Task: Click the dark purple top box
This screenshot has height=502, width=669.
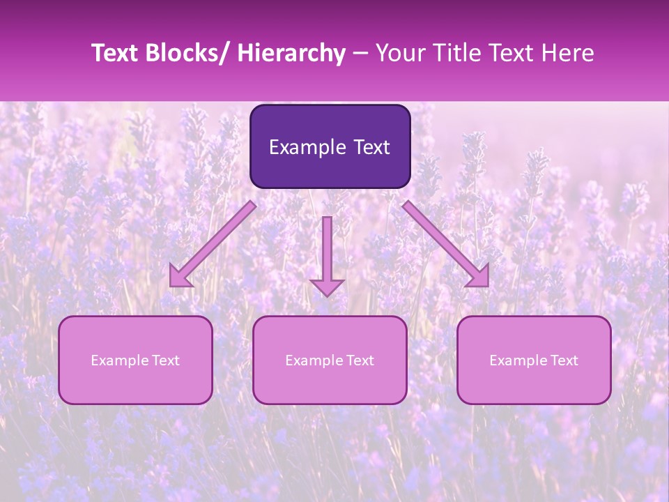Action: [330, 146]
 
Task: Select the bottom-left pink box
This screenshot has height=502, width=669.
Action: [135, 360]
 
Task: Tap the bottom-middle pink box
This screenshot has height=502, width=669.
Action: [330, 360]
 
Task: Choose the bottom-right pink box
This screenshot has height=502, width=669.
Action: [534, 360]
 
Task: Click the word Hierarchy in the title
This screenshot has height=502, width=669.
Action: [291, 53]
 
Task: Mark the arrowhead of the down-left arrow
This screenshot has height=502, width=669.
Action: [180, 277]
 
